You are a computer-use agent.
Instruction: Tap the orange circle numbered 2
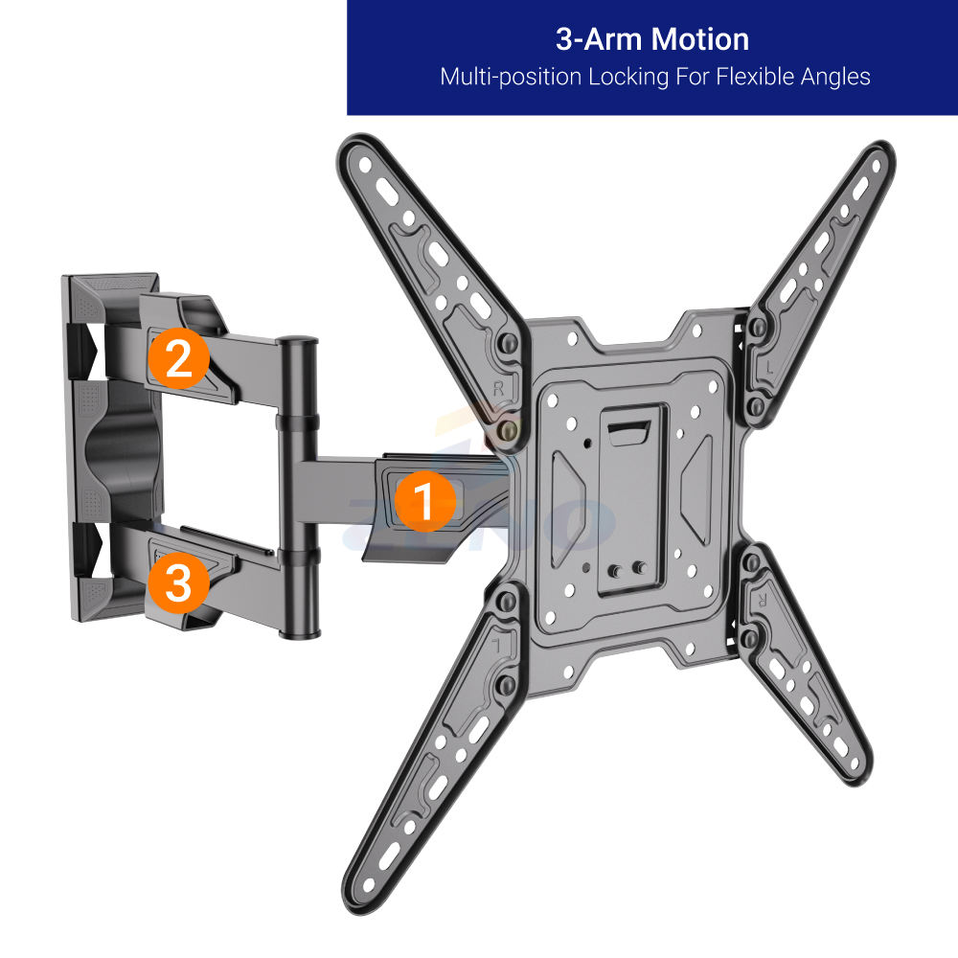click(x=178, y=359)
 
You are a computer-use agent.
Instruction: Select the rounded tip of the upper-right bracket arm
click(x=878, y=158)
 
